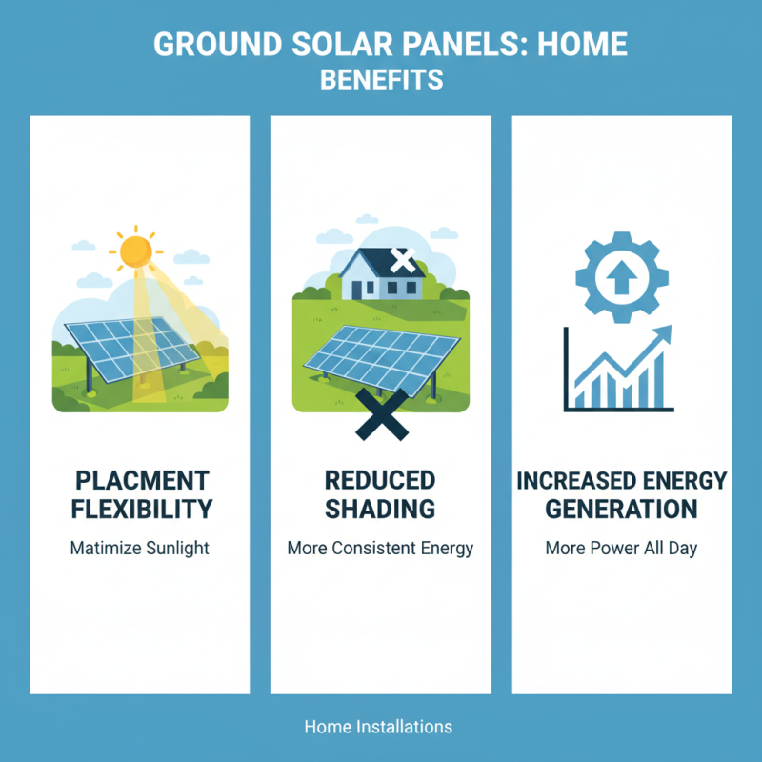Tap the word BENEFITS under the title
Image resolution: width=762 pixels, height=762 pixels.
pos(381,79)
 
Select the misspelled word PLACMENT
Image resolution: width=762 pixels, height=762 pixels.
pos(140,480)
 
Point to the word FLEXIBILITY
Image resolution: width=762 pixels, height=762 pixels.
pos(140,509)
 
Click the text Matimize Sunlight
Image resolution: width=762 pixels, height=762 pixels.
pos(139,549)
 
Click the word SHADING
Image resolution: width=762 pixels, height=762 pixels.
pos(380,509)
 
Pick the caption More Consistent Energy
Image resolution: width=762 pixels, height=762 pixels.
pos(380,549)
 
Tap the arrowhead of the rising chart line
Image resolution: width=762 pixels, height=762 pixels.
pos(663,333)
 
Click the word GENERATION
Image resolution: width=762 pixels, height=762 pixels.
pos(621,509)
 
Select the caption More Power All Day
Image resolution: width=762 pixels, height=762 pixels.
pos(621,549)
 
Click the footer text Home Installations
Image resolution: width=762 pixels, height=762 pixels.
pos(378,727)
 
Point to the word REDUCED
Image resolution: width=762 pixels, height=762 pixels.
pos(380,480)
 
